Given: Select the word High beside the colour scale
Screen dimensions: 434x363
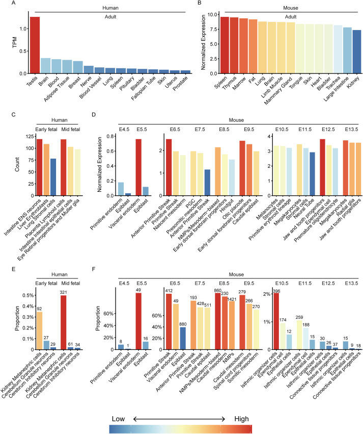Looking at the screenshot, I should pos(241,404).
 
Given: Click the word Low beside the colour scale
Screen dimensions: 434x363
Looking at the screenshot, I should pos(118,404).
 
